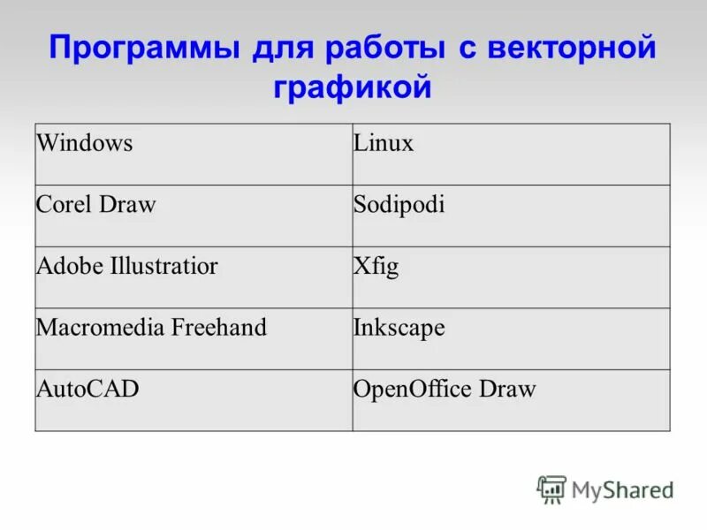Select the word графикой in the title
coord(353,87)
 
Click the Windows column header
coord(84,143)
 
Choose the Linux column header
coord(384,143)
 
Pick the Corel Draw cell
coord(95,205)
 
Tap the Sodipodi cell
coord(399,205)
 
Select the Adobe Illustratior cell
coord(126,266)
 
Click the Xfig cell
coord(376,267)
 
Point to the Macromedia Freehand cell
coord(151,328)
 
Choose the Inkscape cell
coord(399,329)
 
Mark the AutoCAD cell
coord(87,389)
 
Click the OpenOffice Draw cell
coord(445,389)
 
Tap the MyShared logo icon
coord(551,488)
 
